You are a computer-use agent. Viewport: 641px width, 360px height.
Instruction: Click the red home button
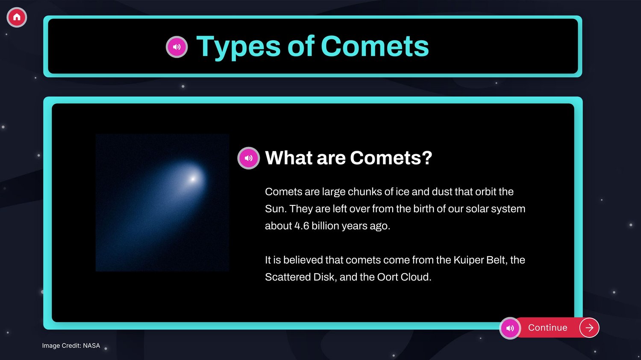(17, 17)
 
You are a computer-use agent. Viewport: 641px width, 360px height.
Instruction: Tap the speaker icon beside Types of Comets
(176, 47)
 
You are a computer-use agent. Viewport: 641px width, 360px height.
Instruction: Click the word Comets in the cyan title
(375, 46)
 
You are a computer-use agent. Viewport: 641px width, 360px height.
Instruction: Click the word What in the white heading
(289, 158)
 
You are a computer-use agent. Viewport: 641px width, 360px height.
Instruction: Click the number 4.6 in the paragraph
(302, 226)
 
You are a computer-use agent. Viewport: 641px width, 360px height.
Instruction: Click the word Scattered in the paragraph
(288, 277)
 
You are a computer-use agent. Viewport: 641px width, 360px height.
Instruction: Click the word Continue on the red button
(547, 328)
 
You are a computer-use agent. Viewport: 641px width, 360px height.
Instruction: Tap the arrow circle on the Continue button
(589, 328)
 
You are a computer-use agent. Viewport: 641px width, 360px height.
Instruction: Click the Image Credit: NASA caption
(71, 346)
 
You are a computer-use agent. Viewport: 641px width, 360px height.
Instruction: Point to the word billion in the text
(325, 226)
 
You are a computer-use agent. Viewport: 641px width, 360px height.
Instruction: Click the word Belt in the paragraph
(496, 260)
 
